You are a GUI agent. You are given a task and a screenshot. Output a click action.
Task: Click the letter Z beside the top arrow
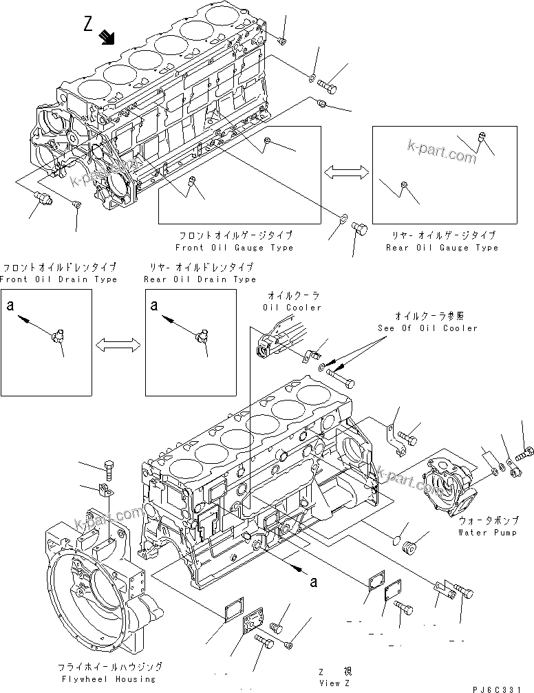click(87, 25)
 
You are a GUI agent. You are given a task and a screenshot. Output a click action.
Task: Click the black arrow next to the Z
click(107, 36)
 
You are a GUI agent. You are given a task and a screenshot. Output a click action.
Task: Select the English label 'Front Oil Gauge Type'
click(234, 248)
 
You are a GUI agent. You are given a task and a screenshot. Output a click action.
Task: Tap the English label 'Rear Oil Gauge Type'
click(442, 248)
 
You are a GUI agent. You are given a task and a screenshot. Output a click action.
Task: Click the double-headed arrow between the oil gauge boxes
click(346, 174)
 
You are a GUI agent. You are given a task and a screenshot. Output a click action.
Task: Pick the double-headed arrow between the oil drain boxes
click(118, 344)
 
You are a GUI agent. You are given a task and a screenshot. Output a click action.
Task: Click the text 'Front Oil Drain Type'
click(58, 279)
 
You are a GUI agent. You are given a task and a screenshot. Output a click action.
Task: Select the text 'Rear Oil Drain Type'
click(200, 279)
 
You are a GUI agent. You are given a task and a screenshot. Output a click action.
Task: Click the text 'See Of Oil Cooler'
click(427, 328)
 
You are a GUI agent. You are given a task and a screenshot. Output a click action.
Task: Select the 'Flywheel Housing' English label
click(111, 678)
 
